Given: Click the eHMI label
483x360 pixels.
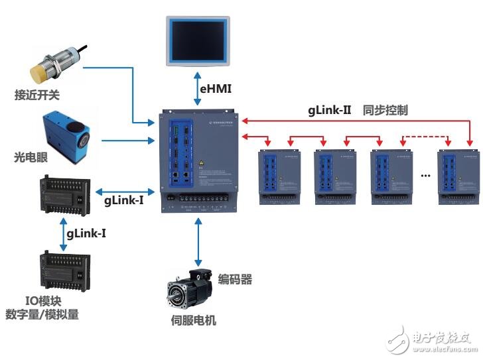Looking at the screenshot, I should click(217, 88).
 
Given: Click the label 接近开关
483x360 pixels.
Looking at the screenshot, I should click(36, 95).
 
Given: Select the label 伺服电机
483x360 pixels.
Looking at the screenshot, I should click(193, 321).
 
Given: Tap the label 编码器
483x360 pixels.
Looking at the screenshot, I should click(235, 280).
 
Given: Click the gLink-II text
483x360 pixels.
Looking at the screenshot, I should click(328, 110).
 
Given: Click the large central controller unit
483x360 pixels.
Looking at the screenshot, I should click(197, 162).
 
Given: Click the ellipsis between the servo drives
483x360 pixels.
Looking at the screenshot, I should click(426, 175).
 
